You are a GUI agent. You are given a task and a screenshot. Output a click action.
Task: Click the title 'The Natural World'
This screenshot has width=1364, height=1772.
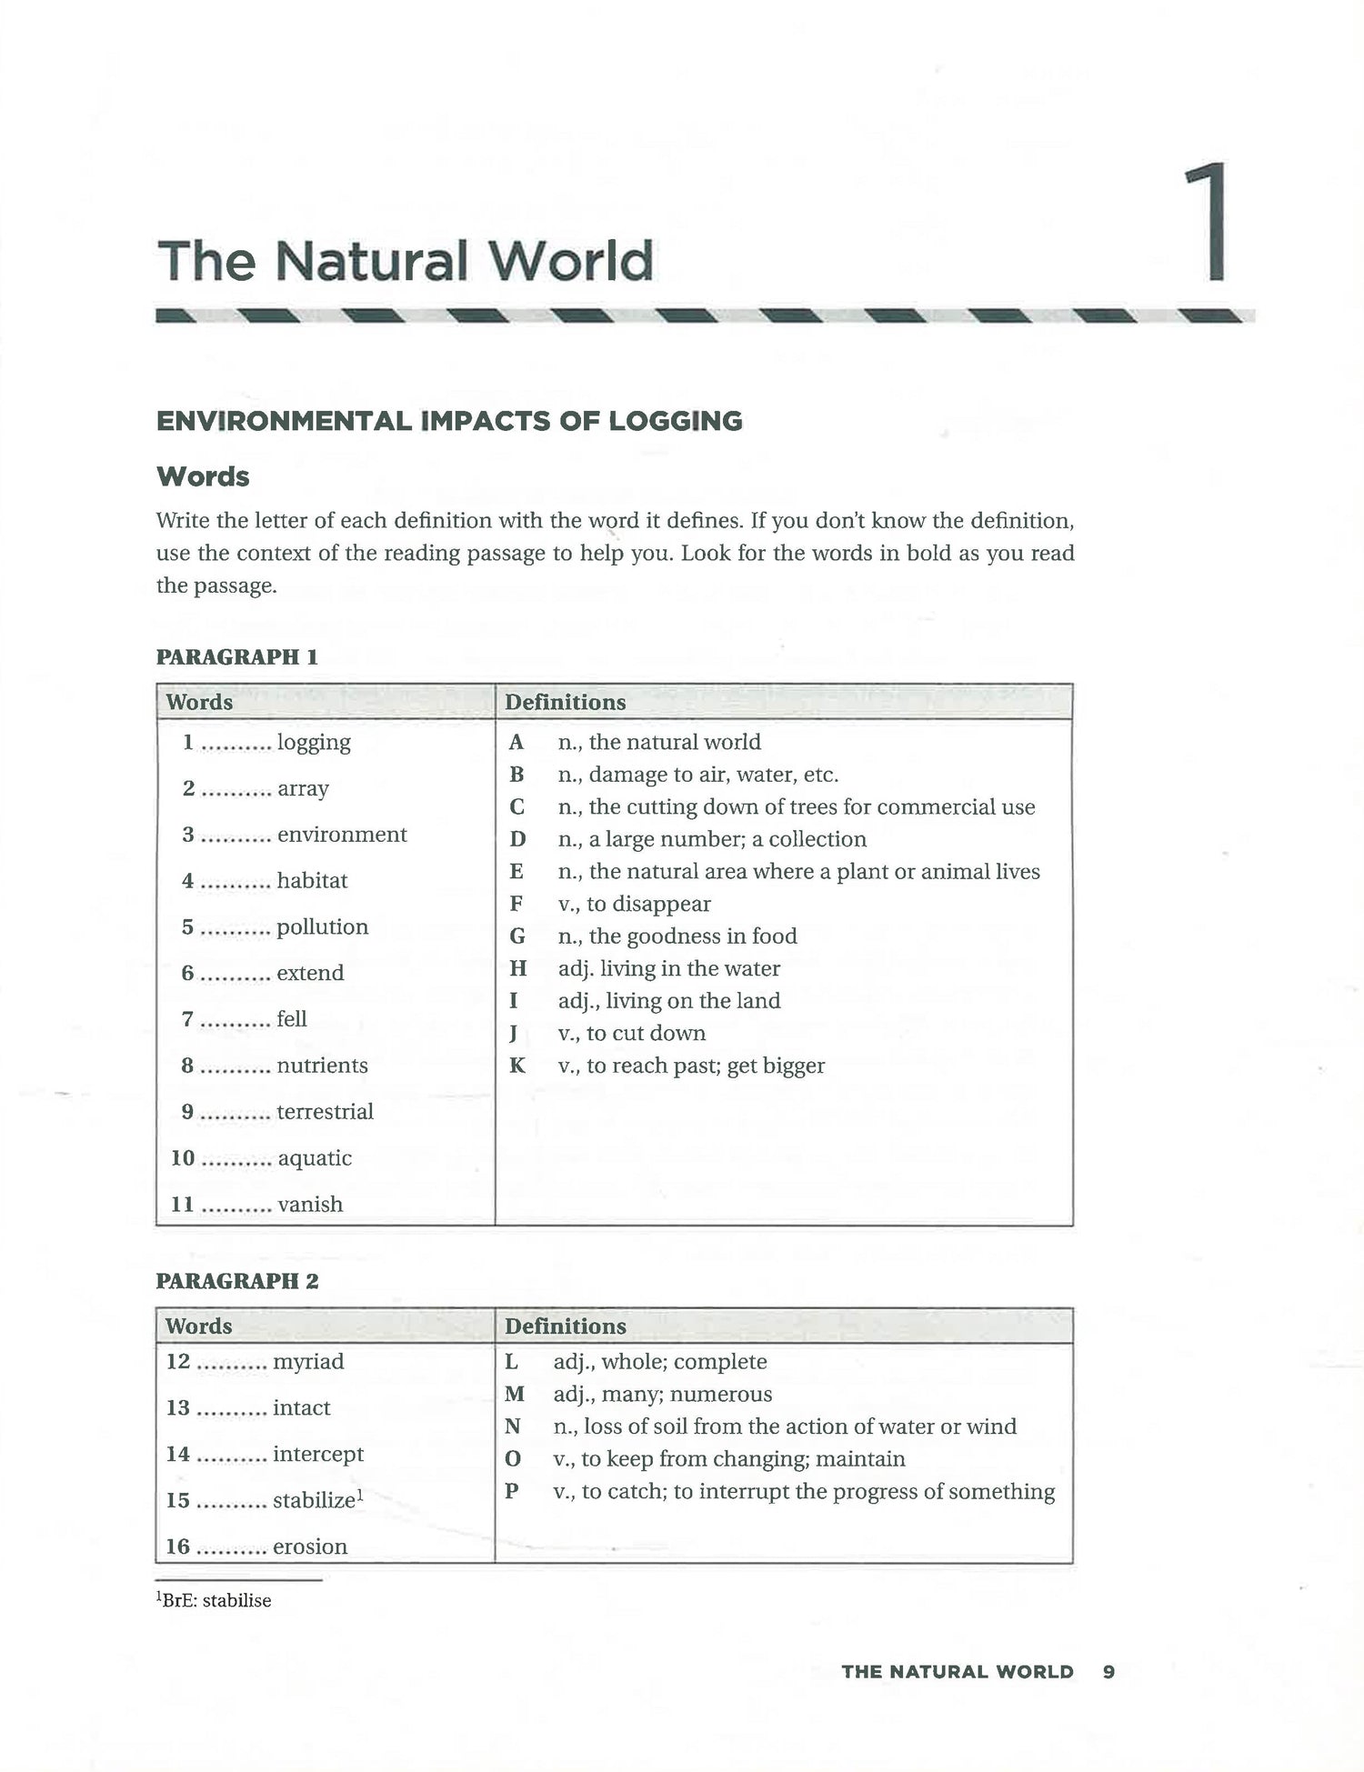click(x=406, y=261)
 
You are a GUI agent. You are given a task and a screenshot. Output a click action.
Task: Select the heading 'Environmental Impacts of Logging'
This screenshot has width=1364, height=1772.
click(x=449, y=421)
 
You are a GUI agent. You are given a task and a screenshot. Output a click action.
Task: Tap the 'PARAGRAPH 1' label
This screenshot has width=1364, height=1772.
click(x=236, y=657)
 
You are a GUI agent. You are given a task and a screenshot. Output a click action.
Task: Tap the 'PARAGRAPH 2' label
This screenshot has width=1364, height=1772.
click(x=237, y=1281)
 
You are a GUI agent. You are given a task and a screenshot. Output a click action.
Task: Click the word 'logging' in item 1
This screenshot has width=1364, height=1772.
click(x=314, y=742)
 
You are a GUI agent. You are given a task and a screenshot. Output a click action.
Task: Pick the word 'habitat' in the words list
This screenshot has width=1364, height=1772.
click(x=312, y=880)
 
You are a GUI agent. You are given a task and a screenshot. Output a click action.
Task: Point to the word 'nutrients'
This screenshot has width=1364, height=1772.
click(x=322, y=1065)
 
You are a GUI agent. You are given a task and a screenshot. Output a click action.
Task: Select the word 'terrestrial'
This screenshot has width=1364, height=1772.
click(x=325, y=1111)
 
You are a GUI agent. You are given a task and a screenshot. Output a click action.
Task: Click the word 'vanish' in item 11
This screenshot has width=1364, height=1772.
click(x=310, y=1204)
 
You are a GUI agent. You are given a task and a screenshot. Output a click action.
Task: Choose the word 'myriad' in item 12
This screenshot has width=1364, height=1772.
click(x=308, y=1361)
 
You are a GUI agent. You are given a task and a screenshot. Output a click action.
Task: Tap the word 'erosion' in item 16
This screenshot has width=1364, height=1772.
click(x=310, y=1546)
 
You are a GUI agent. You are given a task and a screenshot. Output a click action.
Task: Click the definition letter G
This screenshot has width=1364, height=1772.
click(x=517, y=936)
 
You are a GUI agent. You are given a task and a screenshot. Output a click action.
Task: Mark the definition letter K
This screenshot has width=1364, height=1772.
click(x=517, y=1065)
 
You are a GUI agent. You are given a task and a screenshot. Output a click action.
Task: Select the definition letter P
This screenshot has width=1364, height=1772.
click(x=512, y=1491)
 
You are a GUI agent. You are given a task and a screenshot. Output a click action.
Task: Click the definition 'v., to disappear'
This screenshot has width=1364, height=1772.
click(x=635, y=904)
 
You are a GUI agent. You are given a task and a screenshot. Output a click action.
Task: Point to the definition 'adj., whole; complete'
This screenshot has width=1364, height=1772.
click(x=660, y=1361)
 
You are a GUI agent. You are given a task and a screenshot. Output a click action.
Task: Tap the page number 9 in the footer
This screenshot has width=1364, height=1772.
click(x=1108, y=1671)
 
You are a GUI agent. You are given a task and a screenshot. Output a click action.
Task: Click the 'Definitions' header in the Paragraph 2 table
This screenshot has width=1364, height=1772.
click(x=565, y=1326)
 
